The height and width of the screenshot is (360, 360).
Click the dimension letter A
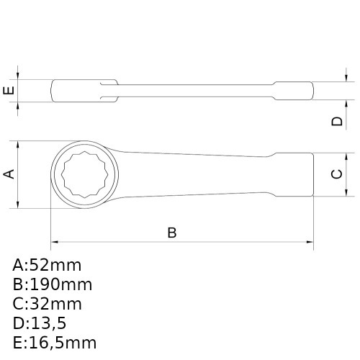[x=9, y=174]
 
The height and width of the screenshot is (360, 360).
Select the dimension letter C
[x=336, y=174]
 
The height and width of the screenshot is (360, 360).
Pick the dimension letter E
[x=9, y=91]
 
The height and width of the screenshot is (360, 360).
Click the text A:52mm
[x=47, y=264]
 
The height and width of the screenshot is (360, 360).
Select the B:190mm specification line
[x=52, y=284]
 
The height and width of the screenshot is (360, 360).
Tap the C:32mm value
[x=47, y=303]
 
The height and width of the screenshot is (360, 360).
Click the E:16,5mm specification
[x=54, y=342]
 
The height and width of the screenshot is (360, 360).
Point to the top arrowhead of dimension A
[x=18, y=143]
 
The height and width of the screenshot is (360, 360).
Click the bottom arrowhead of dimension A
[x=18, y=205]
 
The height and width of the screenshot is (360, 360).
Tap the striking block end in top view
[x=293, y=174]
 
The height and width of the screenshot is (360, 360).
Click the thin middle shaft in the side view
[x=194, y=91]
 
